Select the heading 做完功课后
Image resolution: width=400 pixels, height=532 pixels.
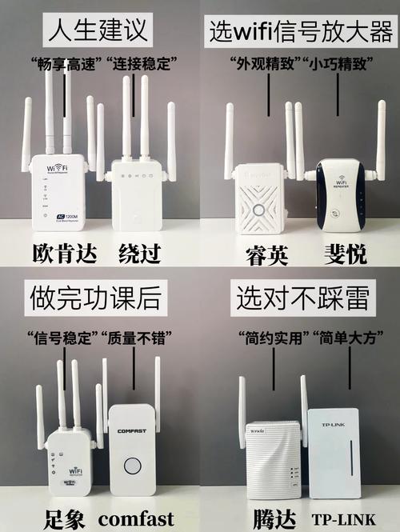tap(98, 298)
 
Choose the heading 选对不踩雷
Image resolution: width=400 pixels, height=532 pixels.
tap(302, 298)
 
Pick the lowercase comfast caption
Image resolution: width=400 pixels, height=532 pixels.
tap(136, 518)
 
